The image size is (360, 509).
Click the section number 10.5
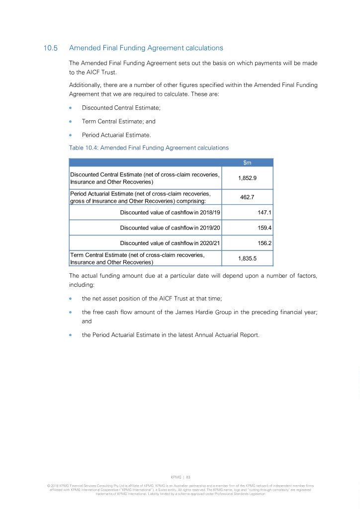(x=51, y=48)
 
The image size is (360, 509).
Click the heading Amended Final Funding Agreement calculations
(x=146, y=48)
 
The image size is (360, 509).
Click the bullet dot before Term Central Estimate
(x=71, y=121)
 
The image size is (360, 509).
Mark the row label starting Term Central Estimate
(x=137, y=258)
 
